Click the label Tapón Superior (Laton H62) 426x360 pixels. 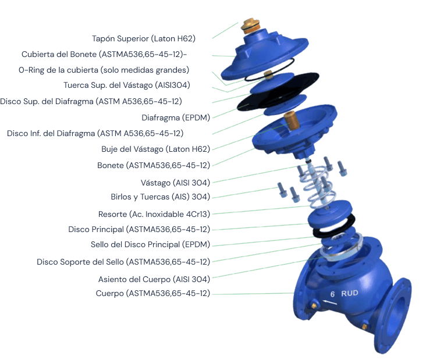pyautogui.click(x=144, y=38)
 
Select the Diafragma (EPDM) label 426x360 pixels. pyautogui.click(x=176, y=117)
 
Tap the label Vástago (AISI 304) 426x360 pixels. pyautogui.click(x=176, y=183)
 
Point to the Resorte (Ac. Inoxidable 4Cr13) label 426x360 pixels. pyautogui.click(x=154, y=214)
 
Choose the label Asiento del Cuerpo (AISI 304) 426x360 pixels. pyautogui.click(x=154, y=279)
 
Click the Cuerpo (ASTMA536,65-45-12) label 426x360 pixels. pyautogui.click(x=153, y=294)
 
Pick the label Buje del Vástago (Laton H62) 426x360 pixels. pyautogui.click(x=155, y=149)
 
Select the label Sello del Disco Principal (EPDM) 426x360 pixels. pyautogui.click(x=151, y=245)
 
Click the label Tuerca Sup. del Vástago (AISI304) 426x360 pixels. pyautogui.click(x=127, y=85)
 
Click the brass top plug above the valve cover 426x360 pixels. pyautogui.click(x=250, y=26)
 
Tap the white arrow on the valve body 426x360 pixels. pyautogui.click(x=330, y=302)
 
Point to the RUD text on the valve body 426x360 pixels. pyautogui.click(x=350, y=293)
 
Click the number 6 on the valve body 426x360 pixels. pyautogui.click(x=332, y=294)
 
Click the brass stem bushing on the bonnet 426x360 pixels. pyautogui.click(x=291, y=120)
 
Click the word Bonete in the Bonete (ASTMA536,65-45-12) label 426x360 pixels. pyautogui.click(x=111, y=165)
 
